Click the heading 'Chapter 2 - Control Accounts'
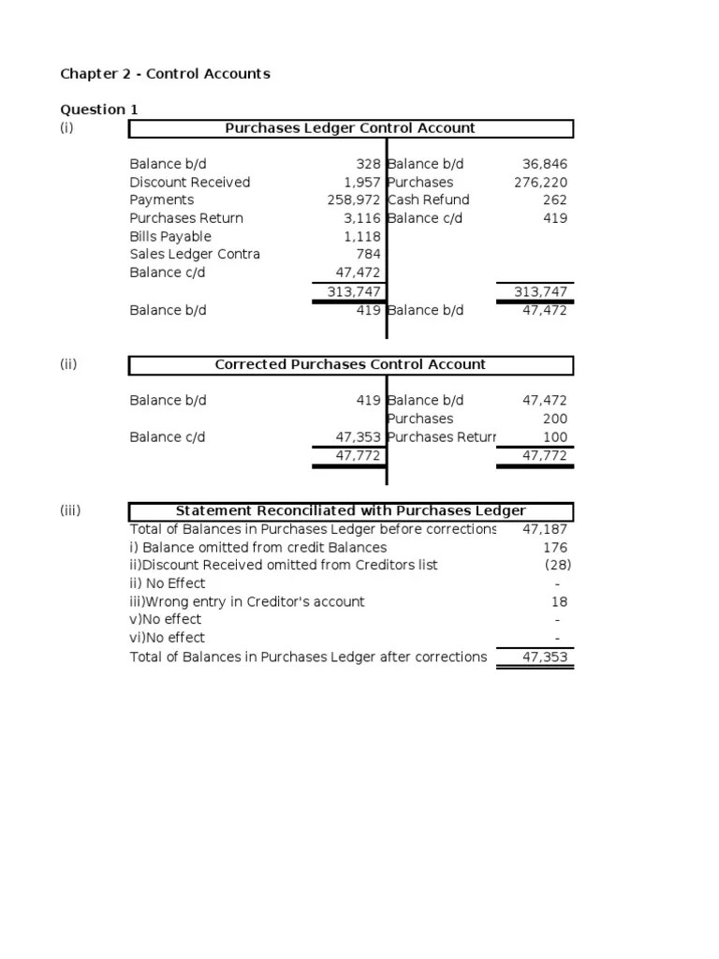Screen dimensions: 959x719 [x=165, y=74]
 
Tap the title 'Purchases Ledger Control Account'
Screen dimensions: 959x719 [x=350, y=128]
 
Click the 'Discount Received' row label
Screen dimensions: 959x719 [x=189, y=183]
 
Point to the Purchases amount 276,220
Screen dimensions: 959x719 [x=540, y=183]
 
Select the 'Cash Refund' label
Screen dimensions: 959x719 [x=429, y=200]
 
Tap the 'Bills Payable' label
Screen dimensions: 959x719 [x=170, y=237]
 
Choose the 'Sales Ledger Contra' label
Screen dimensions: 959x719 [x=195, y=255]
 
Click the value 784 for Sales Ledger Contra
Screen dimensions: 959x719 [x=368, y=255]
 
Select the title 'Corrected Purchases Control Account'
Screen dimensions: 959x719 [x=350, y=364]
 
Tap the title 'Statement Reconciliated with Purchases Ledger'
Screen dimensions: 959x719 [x=350, y=510]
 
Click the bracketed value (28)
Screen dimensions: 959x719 [x=557, y=566]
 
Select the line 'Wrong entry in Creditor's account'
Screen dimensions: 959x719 [x=247, y=602]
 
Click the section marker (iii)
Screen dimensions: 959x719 [x=70, y=510]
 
